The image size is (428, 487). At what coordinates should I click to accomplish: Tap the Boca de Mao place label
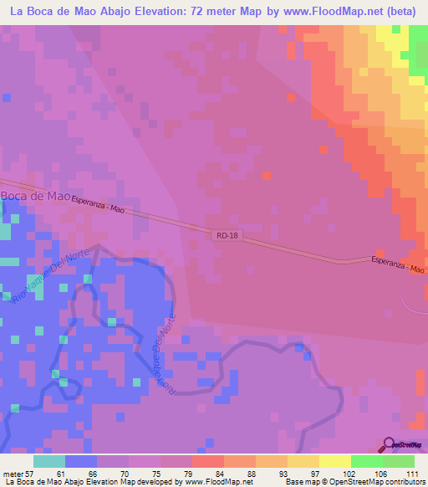coord(34,196)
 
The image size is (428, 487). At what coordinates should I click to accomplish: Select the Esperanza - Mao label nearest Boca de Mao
coord(98,204)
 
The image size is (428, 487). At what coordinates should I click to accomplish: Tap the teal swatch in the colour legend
coord(49,461)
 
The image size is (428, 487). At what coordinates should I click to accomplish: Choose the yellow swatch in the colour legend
coord(303,461)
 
